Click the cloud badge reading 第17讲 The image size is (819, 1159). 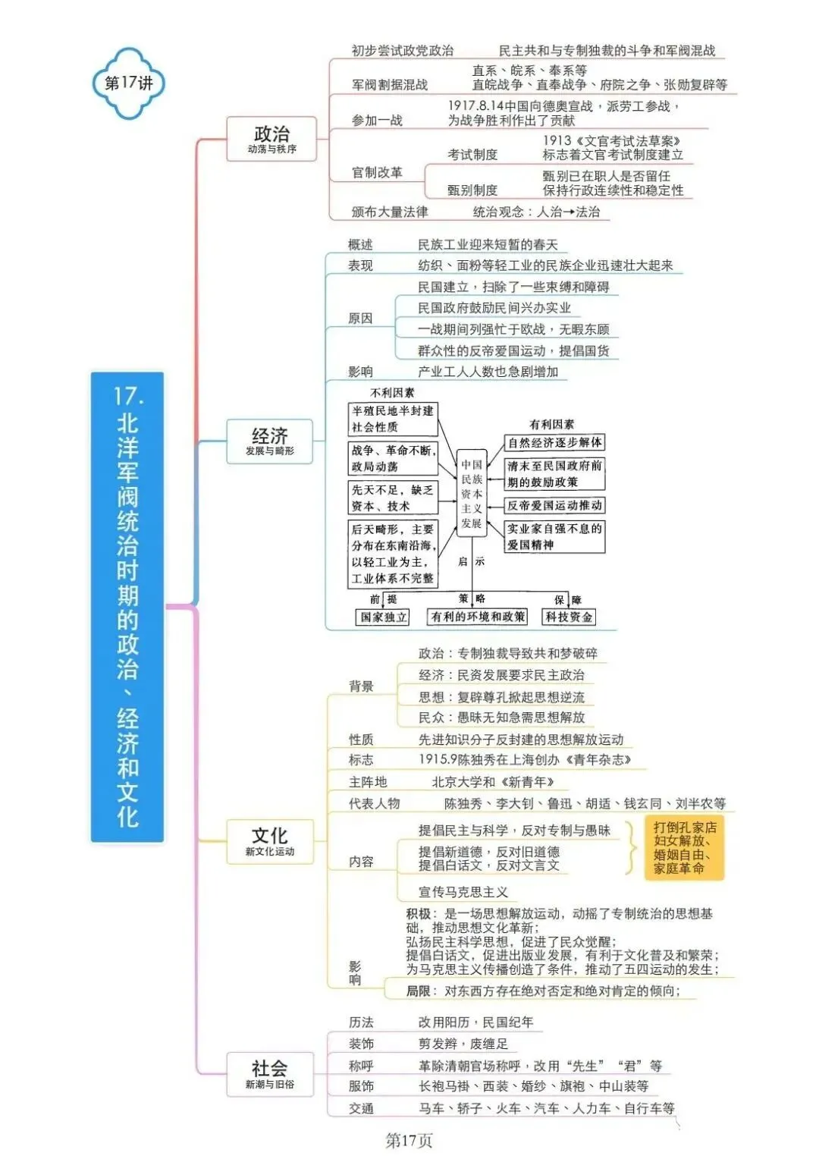129,83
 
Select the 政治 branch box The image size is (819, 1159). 271,139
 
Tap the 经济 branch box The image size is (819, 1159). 269,441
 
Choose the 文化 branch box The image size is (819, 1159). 269,842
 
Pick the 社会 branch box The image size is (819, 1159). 269,1074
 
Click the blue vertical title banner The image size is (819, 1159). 127,607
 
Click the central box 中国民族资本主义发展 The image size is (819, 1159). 472,493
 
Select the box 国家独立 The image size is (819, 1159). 382,617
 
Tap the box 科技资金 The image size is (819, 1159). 569,617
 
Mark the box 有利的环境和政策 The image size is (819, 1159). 477,616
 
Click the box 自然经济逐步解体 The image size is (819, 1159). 554,442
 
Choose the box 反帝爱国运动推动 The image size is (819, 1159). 554,505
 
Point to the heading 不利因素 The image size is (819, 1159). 392,393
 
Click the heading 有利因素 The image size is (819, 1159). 551,424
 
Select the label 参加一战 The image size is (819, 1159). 377,121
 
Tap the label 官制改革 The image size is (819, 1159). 377,172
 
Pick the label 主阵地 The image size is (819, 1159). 368,782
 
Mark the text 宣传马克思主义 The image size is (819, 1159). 463,891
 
